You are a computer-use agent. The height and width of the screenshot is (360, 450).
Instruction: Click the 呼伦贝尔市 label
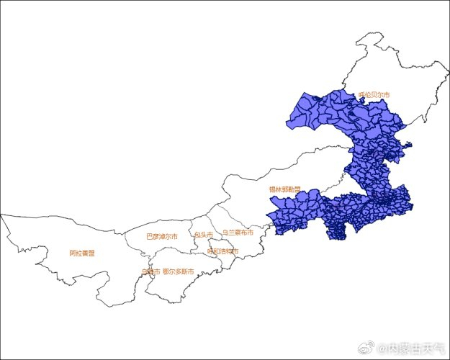point(374,95)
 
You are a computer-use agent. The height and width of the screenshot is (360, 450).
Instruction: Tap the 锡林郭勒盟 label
point(285,189)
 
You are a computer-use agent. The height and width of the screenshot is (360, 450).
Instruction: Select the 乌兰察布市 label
point(238,233)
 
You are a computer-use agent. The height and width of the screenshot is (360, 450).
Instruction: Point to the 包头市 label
point(203,235)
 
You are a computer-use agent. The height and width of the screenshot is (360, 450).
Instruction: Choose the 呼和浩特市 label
point(222,251)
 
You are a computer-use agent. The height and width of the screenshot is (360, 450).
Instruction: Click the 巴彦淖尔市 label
point(162,235)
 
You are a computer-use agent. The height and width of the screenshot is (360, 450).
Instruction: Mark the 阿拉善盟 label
point(82,253)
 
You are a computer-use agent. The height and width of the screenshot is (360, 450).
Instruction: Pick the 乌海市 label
point(150,271)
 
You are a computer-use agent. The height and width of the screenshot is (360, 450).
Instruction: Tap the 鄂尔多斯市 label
point(178,271)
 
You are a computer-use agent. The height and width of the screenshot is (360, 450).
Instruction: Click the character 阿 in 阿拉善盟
point(73,253)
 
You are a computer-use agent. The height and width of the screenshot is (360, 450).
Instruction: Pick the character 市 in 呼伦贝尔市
point(387,95)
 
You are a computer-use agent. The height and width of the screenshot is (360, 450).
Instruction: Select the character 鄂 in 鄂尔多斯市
point(166,271)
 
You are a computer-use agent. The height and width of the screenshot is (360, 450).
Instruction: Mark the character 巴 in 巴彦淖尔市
point(150,235)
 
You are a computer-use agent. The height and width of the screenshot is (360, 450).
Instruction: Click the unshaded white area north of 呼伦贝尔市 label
point(389,65)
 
